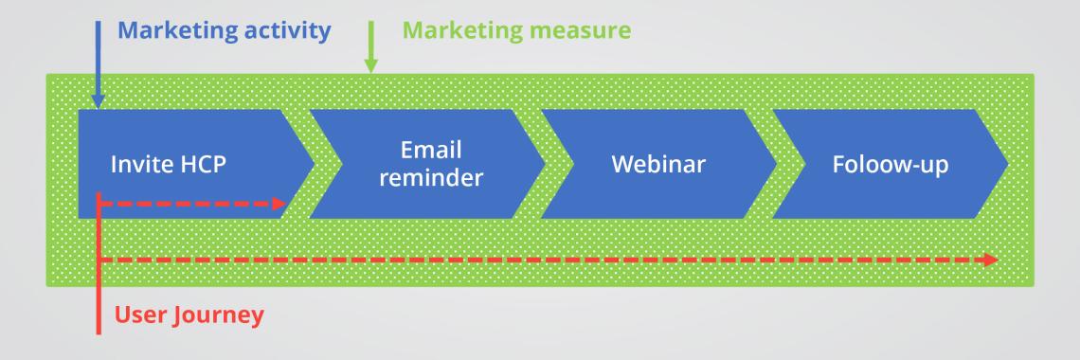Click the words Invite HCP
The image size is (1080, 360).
(169, 165)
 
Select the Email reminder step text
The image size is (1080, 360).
(431, 164)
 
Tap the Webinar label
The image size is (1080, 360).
(658, 165)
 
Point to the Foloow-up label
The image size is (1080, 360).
(891, 166)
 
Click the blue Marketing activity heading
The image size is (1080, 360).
(225, 31)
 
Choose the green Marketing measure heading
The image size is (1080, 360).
(516, 31)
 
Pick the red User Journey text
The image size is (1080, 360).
(189, 315)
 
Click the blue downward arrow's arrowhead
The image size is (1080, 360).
(98, 101)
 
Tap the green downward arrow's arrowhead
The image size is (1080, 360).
(370, 65)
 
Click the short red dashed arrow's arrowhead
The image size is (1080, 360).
(279, 204)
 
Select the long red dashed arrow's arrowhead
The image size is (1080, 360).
(990, 260)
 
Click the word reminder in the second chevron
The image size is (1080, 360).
(431, 177)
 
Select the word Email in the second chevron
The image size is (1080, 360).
(431, 150)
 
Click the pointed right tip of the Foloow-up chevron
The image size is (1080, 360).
(1008, 164)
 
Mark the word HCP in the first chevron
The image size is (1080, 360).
(203, 165)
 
